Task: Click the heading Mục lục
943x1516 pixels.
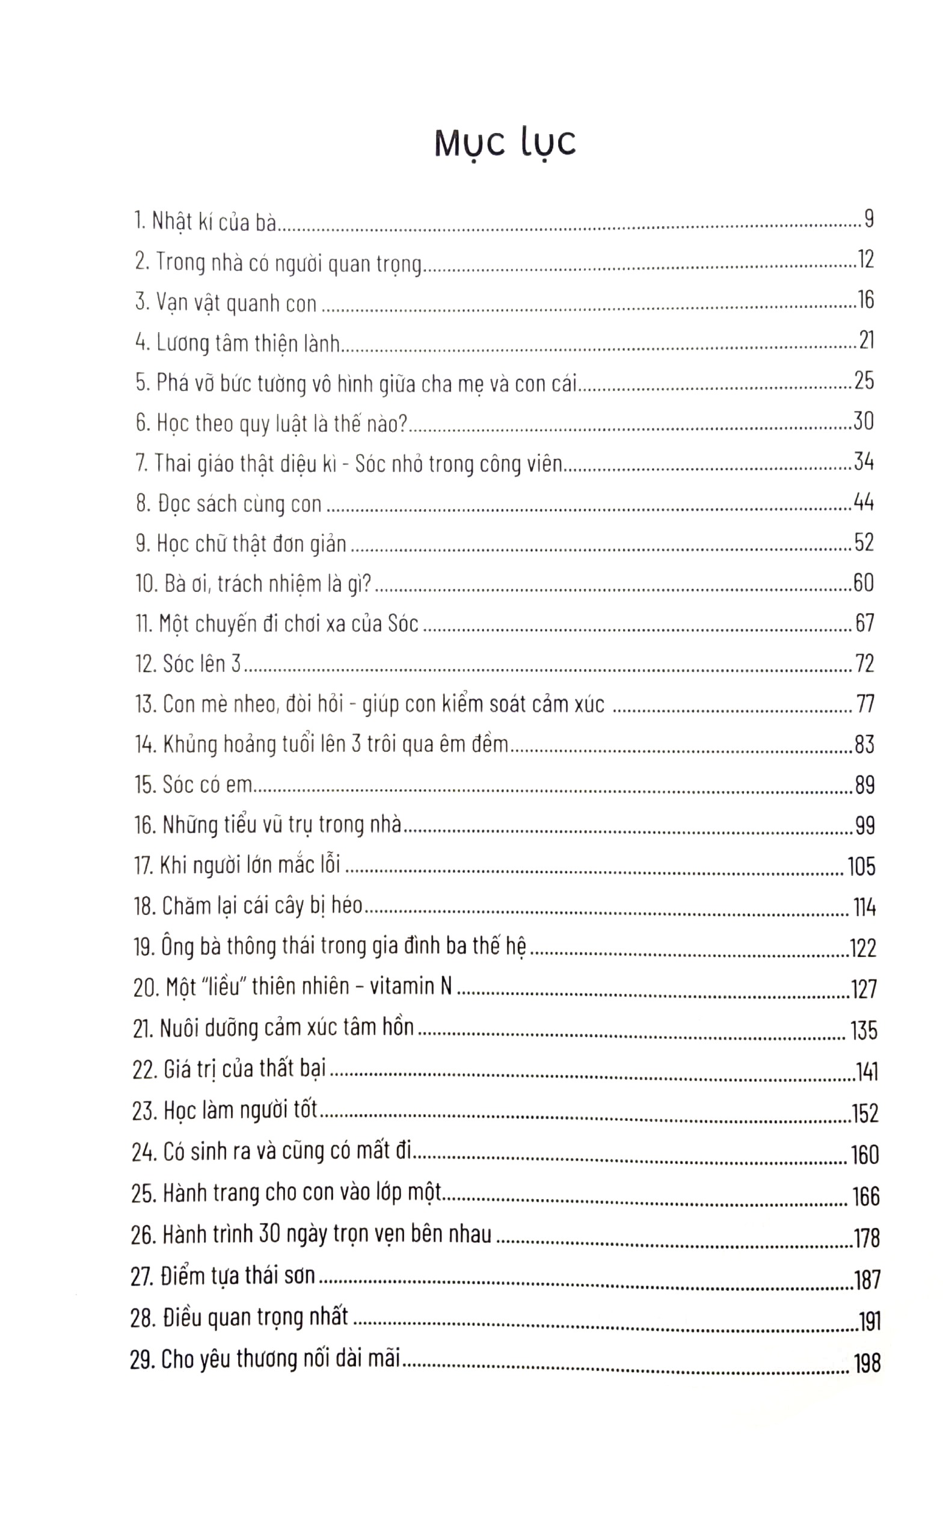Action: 505,144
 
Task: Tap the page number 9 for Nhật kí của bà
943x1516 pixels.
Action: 869,219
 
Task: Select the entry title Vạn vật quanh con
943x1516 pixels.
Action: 236,303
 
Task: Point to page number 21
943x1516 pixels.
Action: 866,340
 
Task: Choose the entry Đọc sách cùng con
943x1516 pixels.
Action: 239,504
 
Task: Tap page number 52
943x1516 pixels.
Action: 863,543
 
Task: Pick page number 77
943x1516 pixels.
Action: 865,704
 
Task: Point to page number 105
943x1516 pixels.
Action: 861,866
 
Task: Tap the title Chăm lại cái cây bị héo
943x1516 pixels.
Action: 262,906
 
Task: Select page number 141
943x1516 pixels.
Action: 866,1072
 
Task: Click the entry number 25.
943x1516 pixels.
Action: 144,1194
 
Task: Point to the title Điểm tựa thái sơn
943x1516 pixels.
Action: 238,1276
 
